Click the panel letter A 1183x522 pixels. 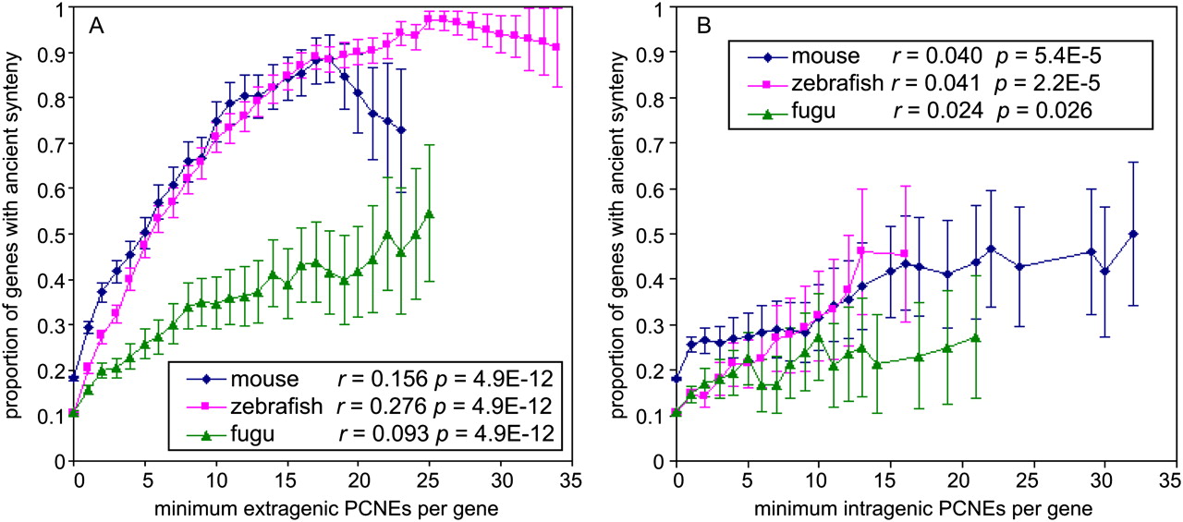pos(95,27)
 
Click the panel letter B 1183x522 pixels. pos(704,27)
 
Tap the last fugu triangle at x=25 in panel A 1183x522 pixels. pos(429,214)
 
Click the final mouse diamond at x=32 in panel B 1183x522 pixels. pos(1133,235)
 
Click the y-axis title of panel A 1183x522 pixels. pos(14,236)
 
